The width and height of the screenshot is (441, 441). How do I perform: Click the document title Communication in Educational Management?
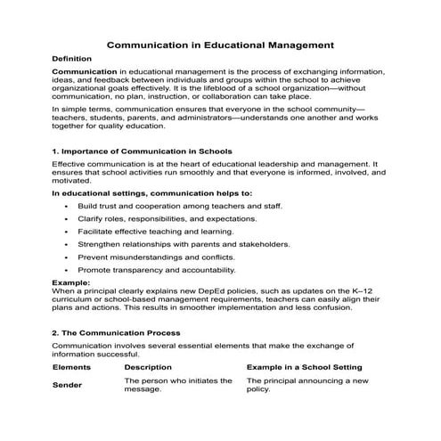click(220, 43)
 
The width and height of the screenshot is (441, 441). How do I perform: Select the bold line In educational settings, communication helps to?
click(152, 193)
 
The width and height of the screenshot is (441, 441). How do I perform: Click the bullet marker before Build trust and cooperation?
click(69, 207)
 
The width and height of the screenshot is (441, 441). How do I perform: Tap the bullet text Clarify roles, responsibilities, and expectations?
click(168, 218)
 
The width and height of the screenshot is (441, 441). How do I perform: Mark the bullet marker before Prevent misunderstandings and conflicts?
click(69, 257)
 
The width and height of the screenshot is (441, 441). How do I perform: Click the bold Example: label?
click(71, 282)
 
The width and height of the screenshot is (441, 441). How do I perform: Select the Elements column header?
click(72, 367)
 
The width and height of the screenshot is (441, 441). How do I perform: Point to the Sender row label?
click(68, 386)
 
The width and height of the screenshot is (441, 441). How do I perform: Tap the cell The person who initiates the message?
click(178, 386)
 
